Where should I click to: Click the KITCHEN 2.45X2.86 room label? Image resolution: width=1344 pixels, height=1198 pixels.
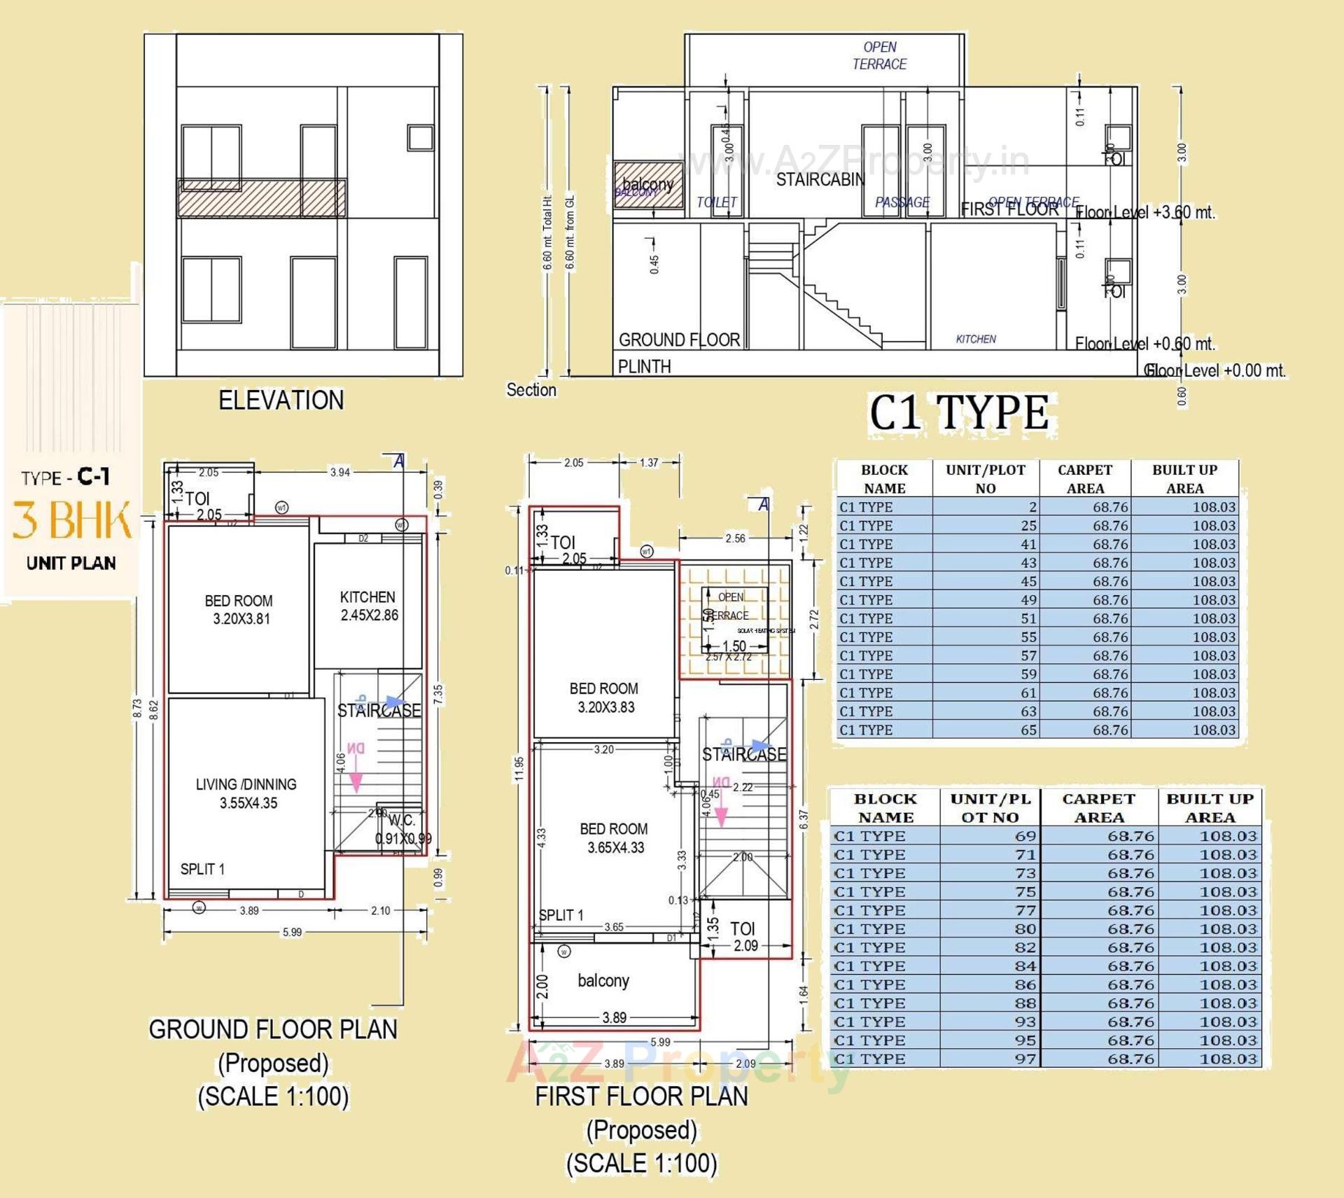click(368, 606)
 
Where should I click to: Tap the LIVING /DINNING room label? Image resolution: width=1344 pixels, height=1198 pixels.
click(246, 793)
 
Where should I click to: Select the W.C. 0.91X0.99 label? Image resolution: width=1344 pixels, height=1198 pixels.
click(402, 830)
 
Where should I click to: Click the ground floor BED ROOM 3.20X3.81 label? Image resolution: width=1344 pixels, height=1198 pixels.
click(239, 610)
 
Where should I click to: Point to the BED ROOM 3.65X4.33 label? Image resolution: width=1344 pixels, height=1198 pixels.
click(614, 838)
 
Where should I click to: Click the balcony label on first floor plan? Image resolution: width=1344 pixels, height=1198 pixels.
click(603, 980)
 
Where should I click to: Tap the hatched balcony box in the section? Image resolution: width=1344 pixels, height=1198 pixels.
click(648, 185)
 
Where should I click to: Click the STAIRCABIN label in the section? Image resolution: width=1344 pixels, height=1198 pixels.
click(820, 180)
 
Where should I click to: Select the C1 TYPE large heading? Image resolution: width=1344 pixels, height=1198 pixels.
click(958, 412)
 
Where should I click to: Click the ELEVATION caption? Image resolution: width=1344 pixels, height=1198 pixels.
click(281, 401)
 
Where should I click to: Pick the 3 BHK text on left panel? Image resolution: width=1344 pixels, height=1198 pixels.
click(71, 520)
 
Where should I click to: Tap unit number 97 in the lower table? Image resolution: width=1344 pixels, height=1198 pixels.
click(1025, 1059)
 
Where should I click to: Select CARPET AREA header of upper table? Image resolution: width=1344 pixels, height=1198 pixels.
click(1084, 479)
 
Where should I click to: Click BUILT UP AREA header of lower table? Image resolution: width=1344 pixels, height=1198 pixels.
click(1210, 808)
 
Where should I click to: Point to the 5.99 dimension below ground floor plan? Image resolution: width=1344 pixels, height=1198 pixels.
click(292, 932)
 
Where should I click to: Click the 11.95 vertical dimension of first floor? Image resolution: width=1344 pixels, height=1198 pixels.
click(519, 768)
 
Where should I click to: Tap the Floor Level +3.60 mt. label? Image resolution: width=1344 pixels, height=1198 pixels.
click(1145, 213)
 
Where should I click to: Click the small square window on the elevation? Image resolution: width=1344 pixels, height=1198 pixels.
click(420, 137)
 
